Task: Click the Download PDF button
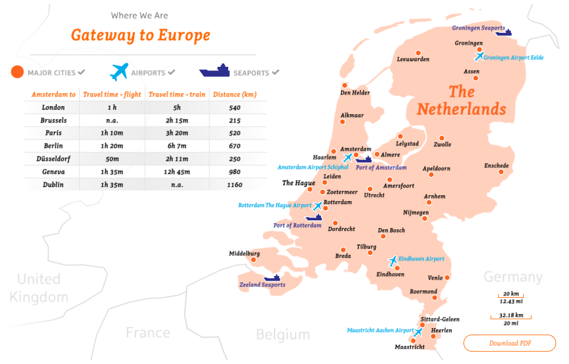[509, 343]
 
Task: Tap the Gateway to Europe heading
[140, 35]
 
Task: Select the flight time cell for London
[112, 108]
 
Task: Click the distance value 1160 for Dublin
[234, 185]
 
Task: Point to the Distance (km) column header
[234, 94]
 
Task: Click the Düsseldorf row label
[53, 159]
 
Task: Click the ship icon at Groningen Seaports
[503, 33]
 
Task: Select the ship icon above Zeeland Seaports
[272, 277]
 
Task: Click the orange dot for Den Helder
[345, 86]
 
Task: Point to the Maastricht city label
[409, 347]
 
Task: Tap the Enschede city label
[496, 166]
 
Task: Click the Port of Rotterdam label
[297, 226]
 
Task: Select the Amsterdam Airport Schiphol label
[313, 167]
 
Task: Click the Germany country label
[513, 277]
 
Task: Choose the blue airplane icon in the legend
[119, 72]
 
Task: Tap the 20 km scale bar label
[510, 294]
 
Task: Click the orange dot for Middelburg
[253, 260]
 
